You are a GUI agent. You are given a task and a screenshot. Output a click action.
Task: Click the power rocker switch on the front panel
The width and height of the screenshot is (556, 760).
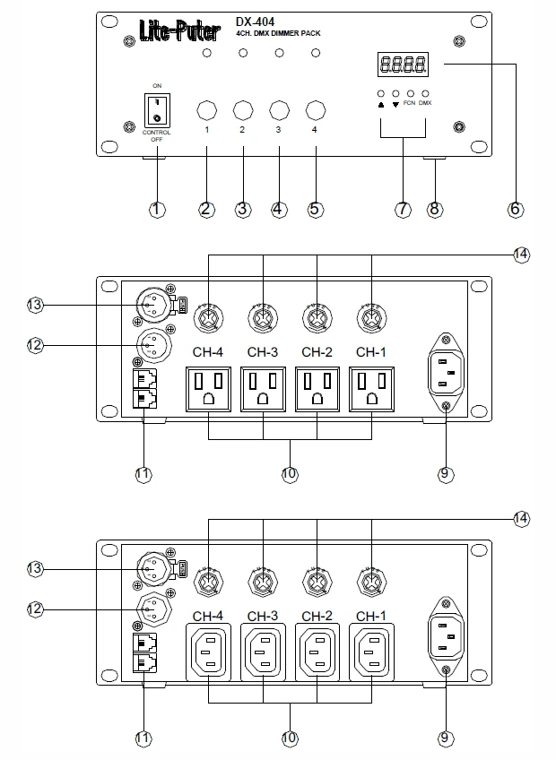pyautogui.click(x=157, y=108)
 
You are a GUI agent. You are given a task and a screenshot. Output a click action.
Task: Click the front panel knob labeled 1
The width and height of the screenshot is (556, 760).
pyautogui.click(x=206, y=110)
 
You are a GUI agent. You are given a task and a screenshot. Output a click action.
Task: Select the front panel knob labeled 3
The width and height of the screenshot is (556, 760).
pyautogui.click(x=278, y=110)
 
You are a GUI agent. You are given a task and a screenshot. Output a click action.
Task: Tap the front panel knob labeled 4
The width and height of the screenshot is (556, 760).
pyautogui.click(x=314, y=110)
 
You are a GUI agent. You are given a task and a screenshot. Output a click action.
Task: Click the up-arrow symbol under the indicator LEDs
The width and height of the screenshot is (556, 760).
pyautogui.click(x=381, y=105)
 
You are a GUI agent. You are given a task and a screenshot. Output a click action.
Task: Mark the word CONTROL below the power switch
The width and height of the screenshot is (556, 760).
pyautogui.click(x=157, y=133)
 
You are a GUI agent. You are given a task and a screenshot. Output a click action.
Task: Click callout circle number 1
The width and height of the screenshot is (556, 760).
pyautogui.click(x=157, y=210)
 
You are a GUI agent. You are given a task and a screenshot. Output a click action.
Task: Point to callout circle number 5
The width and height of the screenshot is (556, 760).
pyautogui.click(x=314, y=210)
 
